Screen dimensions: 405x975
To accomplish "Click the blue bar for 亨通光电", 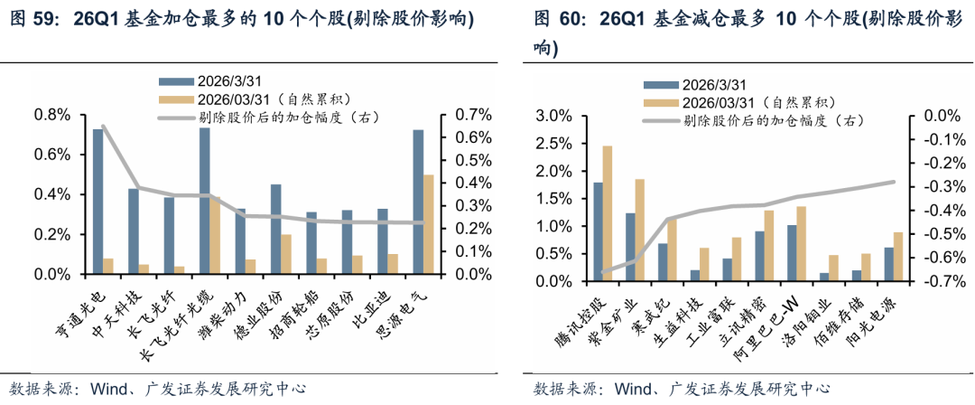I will coord(97,202).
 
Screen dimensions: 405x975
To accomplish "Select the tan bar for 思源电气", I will coord(429,224).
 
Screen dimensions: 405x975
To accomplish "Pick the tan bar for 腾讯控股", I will coord(607,213).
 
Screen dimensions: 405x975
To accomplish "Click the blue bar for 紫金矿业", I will coord(630,247).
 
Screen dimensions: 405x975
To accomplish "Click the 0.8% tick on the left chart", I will coord(52,115).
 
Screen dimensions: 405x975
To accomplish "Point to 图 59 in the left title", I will coord(32,19).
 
